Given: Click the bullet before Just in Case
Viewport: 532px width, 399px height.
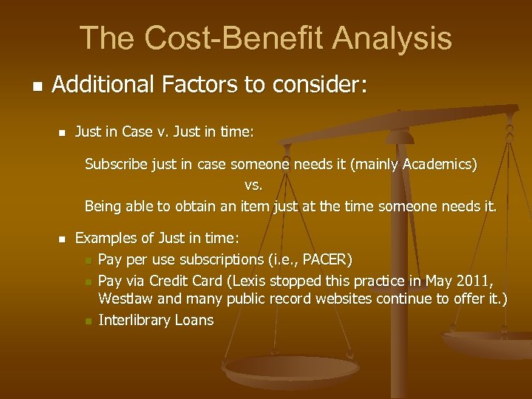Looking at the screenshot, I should pyautogui.click(x=62, y=133).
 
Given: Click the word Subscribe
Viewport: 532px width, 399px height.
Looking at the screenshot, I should pyautogui.click(x=116, y=164).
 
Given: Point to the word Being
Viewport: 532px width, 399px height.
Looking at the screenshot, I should pyautogui.click(x=102, y=205).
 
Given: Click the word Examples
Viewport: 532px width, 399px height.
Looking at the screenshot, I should pyautogui.click(x=105, y=238).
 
